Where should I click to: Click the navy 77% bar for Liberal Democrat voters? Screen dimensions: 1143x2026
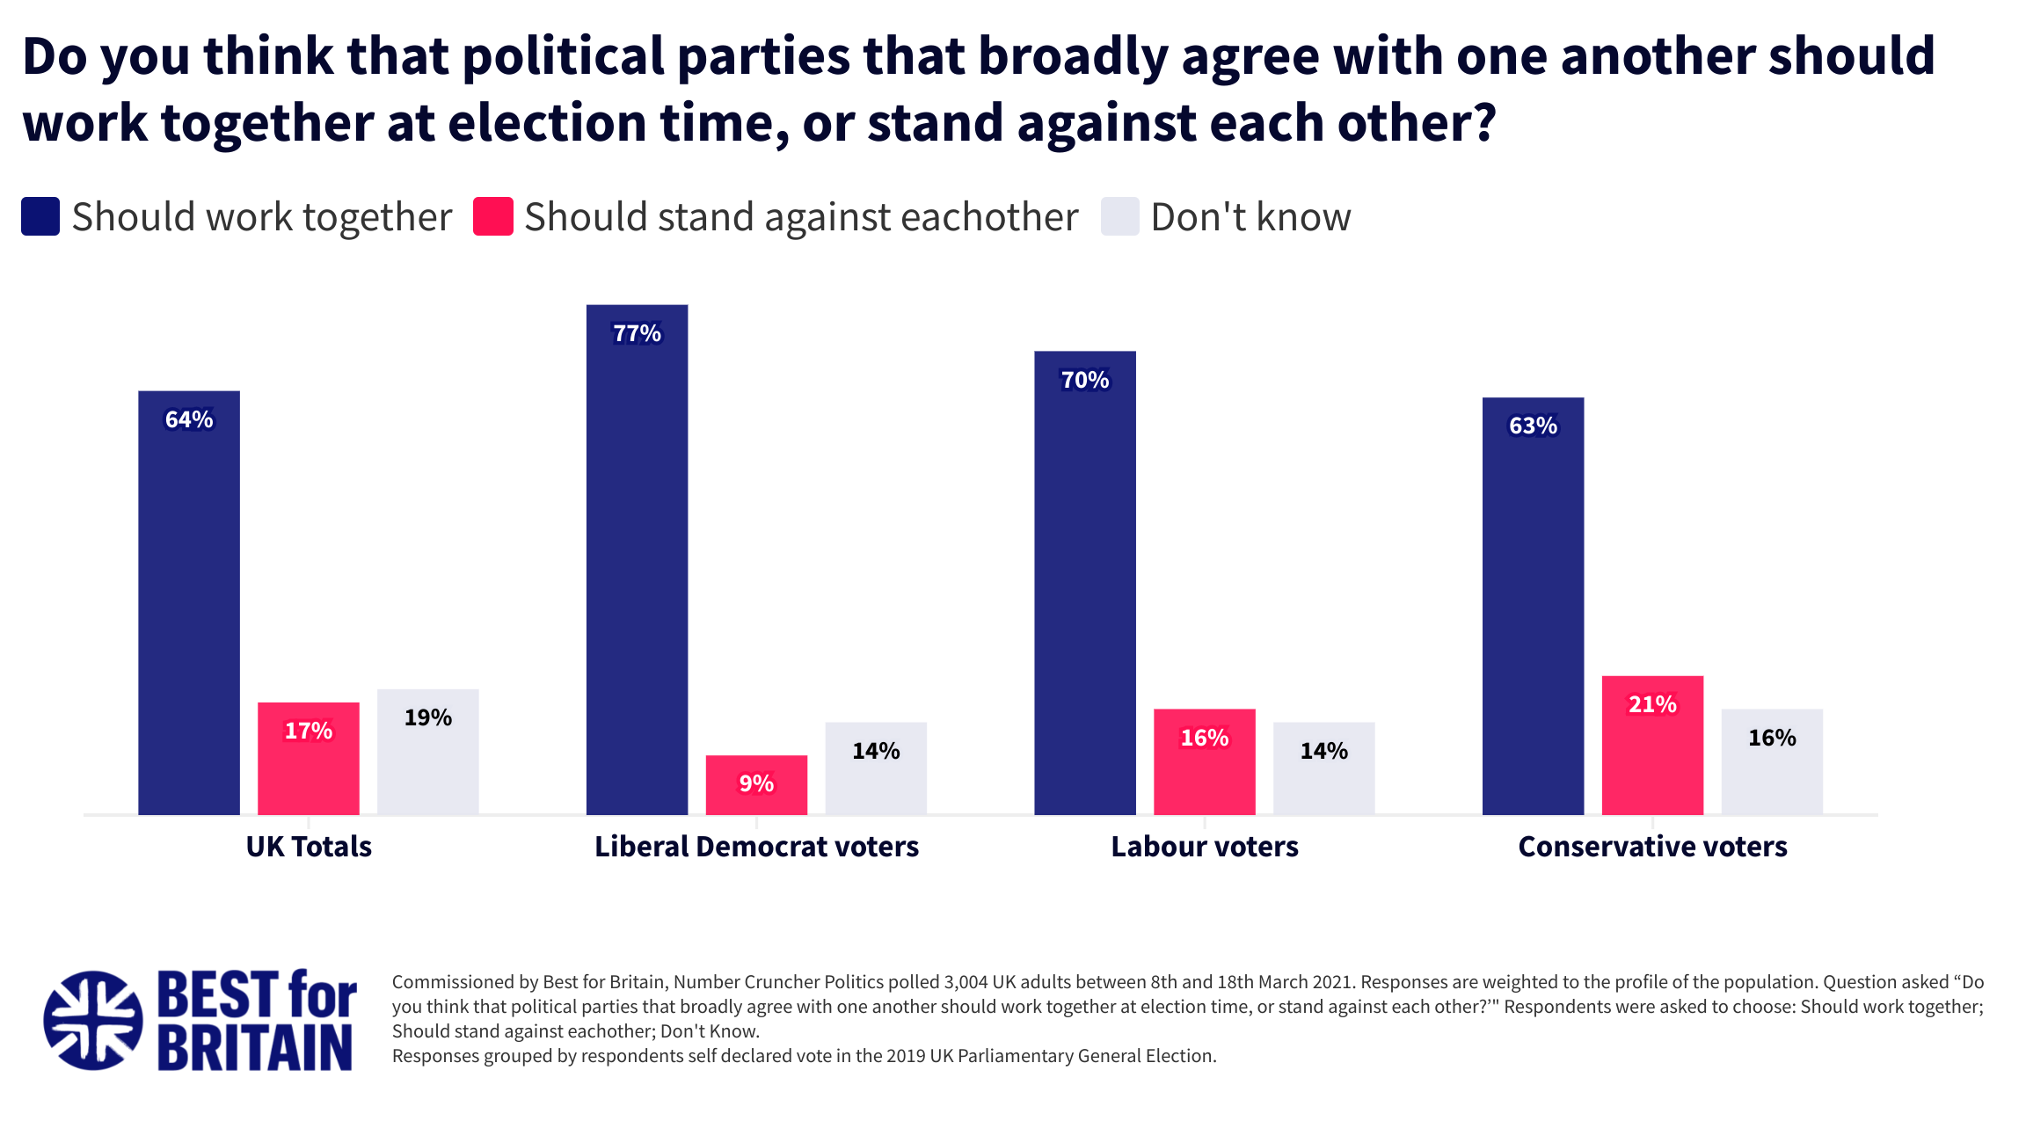pos(637,563)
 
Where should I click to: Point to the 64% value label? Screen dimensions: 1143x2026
pos(189,419)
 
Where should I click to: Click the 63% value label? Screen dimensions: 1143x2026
pos(1533,426)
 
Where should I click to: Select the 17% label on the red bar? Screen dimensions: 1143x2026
pos(308,731)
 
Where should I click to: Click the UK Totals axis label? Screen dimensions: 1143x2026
pos(309,846)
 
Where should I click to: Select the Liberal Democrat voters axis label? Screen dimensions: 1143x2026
pos(756,846)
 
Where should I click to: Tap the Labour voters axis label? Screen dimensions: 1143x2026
pos(1204,846)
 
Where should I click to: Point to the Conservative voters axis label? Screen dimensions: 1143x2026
pos(1652,846)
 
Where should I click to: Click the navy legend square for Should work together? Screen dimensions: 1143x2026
pos(40,216)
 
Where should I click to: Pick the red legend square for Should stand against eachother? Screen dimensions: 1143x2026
pos(492,216)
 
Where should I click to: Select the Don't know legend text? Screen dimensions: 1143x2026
pos(1250,217)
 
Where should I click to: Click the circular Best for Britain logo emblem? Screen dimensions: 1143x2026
pos(93,1020)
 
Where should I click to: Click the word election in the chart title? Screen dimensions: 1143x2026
pos(547,122)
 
